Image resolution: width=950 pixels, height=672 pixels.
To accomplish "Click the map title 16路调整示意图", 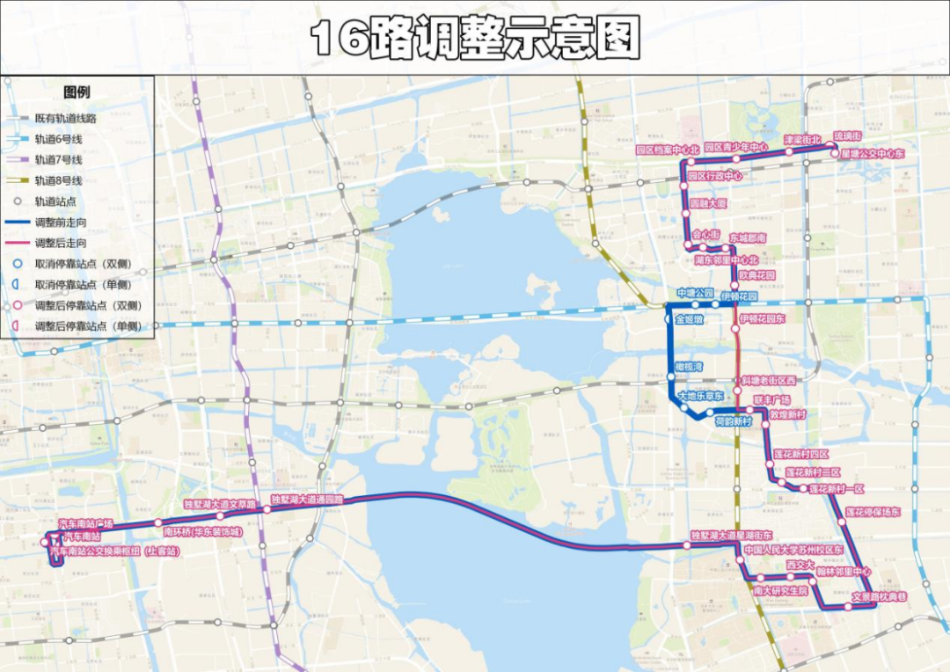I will point(476,38).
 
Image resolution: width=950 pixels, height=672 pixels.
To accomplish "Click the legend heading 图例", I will point(77,92).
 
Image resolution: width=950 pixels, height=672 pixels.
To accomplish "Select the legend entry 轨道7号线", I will point(59,159).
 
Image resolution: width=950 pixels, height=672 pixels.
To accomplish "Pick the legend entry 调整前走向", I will point(61,222).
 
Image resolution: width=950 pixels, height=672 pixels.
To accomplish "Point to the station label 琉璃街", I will point(848,136).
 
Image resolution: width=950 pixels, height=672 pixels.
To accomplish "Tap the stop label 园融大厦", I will point(708,203).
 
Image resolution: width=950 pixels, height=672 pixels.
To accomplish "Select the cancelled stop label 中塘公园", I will point(693,292).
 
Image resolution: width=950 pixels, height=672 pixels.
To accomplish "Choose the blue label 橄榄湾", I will point(689,366).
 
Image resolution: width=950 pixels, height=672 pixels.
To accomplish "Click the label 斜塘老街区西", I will point(768,380).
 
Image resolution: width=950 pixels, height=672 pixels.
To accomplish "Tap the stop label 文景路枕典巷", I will point(879,596).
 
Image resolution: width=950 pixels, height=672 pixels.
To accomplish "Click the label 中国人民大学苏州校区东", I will point(793,550).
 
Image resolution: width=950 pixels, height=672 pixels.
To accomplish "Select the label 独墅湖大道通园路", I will point(307,499).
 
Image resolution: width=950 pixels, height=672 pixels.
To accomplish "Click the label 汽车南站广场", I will point(85,523).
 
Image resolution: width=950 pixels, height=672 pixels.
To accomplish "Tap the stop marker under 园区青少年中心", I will point(736,159).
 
